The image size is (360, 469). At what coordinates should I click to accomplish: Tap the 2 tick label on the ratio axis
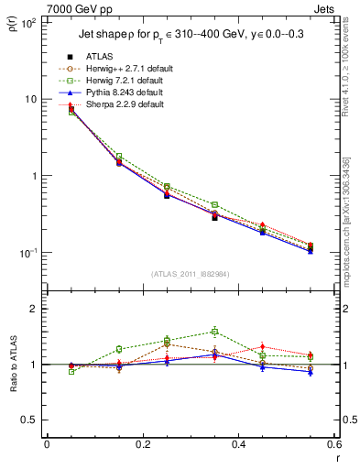35,309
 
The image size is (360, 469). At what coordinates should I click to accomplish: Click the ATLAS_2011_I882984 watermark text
190,274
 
